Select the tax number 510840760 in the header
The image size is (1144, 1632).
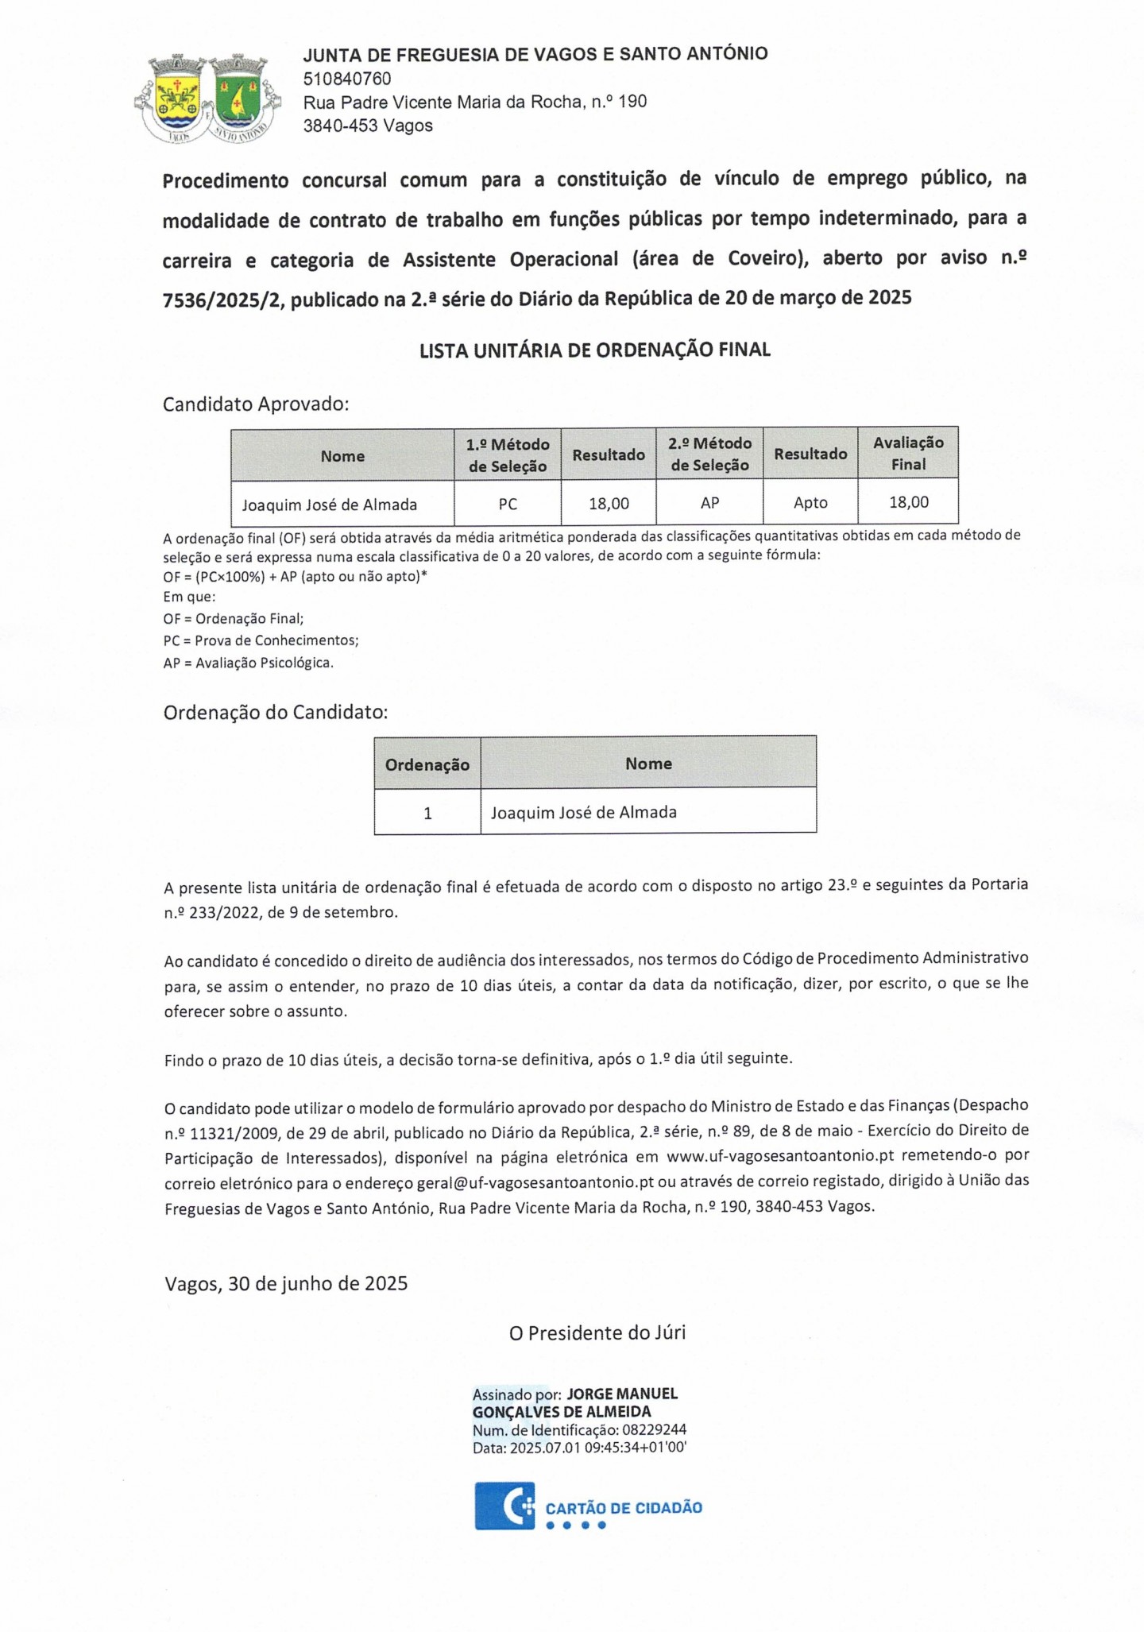point(347,79)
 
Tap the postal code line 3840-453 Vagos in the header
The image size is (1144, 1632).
point(368,126)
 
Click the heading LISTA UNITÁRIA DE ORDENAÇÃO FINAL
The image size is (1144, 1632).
point(595,350)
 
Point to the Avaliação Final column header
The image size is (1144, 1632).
point(908,454)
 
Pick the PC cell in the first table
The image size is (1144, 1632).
point(508,504)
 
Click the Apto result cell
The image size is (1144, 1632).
point(810,503)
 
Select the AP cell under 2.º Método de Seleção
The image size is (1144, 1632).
point(709,503)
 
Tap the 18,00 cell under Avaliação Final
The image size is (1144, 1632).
point(908,502)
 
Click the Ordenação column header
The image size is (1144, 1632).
point(427,764)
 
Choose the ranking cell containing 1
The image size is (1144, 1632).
point(427,813)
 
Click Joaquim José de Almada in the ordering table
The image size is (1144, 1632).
point(584,812)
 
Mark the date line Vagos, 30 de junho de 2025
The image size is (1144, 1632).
point(286,1283)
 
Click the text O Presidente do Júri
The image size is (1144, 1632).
point(597,1332)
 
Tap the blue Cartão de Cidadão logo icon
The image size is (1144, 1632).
point(504,1505)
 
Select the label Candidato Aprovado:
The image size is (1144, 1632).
point(256,404)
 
